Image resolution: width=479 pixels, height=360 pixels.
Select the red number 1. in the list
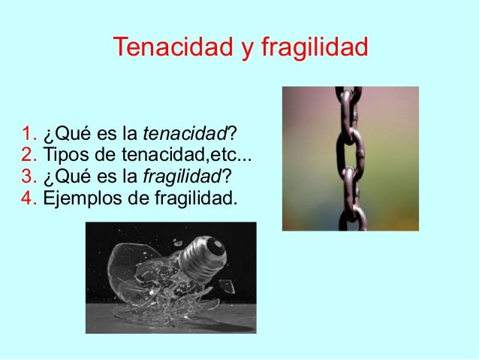[x=29, y=136]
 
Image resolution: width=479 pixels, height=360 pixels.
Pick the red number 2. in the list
[x=29, y=157]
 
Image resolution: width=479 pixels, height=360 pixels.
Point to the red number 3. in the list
[x=29, y=178]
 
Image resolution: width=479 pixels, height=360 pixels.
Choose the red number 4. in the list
[x=29, y=199]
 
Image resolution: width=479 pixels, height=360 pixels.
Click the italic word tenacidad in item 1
[x=184, y=136]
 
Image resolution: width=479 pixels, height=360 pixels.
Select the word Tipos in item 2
[x=64, y=157]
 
